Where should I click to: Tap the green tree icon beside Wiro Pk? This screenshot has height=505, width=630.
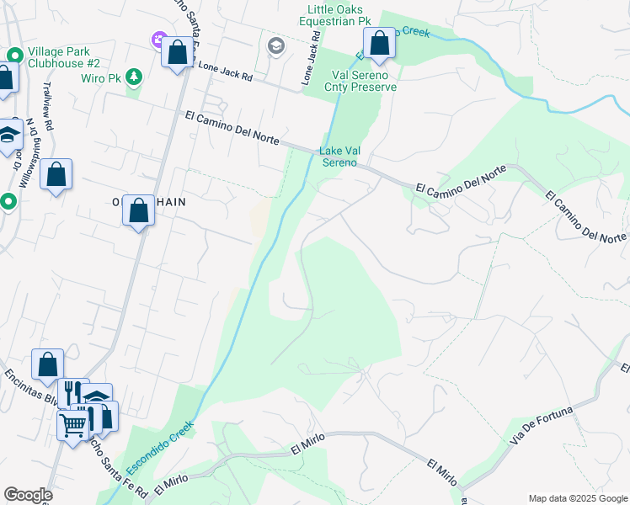(133, 77)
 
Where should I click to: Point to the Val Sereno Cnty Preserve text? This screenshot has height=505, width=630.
(363, 80)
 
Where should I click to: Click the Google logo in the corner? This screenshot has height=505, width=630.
(28, 495)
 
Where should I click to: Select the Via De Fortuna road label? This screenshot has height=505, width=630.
(541, 425)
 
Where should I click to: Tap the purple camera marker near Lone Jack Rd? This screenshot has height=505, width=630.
(158, 40)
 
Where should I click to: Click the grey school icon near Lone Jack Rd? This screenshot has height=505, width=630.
(275, 46)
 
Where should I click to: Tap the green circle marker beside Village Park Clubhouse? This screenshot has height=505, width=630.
(14, 56)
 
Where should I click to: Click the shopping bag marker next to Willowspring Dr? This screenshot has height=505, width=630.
(56, 175)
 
